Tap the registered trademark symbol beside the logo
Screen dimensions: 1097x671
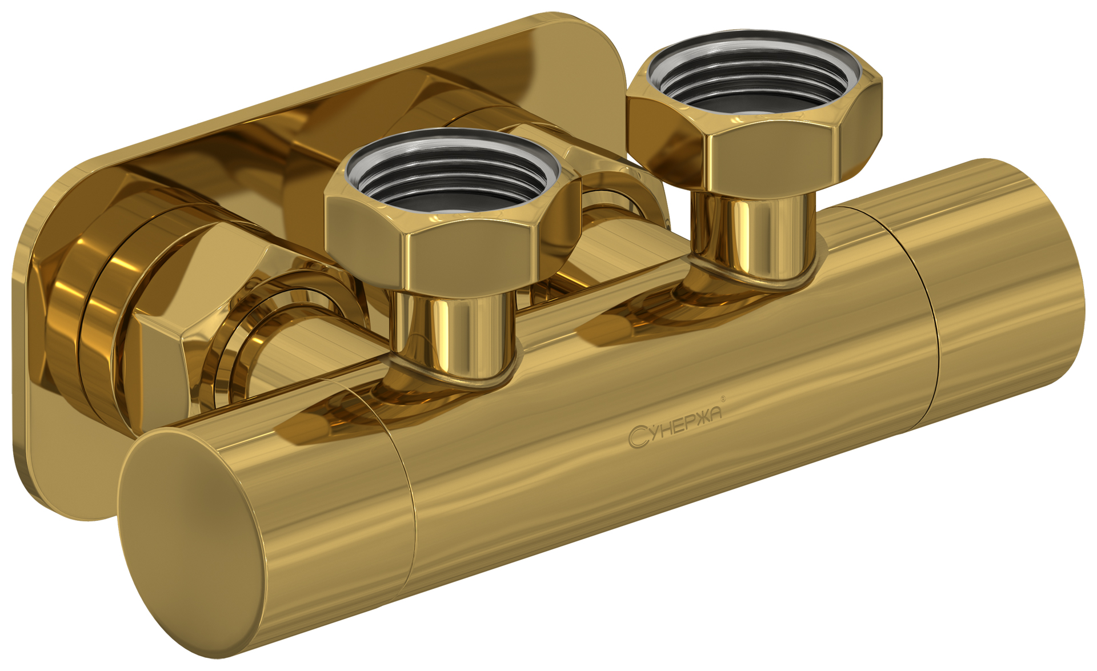(723, 399)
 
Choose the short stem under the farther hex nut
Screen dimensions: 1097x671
(752, 237)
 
